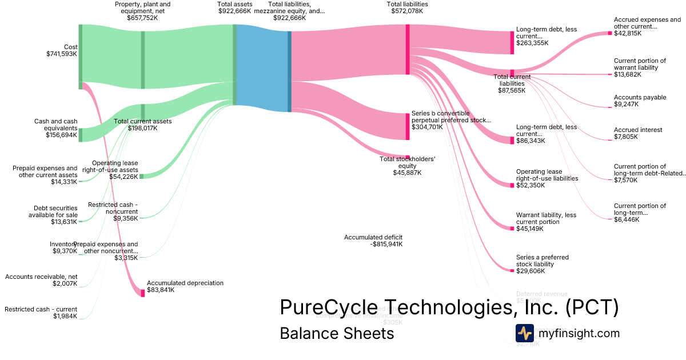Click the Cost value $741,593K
pos(62,54)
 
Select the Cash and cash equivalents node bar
pos(81,135)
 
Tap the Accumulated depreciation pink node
pos(143,293)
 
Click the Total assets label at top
pos(234,4)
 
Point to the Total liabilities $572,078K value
pos(407,11)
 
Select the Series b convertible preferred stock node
pos(408,126)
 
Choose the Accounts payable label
pos(640,97)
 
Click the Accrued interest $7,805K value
pos(628,137)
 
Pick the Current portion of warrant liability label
pos(640,64)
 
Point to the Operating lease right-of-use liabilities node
pos(512,185)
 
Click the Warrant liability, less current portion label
pos(546,218)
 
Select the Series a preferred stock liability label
pos(542,261)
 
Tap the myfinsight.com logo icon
pos(525,333)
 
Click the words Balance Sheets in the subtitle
pos(337,334)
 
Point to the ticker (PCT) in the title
pos(592,307)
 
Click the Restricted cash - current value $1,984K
pos(65,316)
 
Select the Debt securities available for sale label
pos(53,211)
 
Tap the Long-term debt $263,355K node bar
pos(512,42)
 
